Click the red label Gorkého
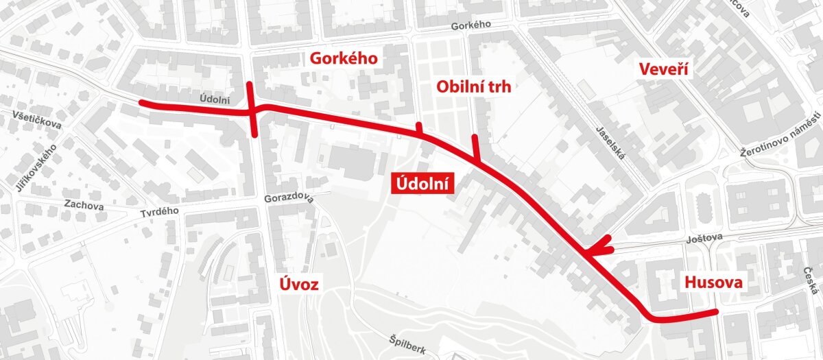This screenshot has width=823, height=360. pyautogui.click(x=344, y=58)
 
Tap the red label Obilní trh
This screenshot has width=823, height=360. pyautogui.click(x=474, y=86)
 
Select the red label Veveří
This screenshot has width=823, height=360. pyautogui.click(x=663, y=69)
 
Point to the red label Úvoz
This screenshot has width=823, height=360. pyautogui.click(x=300, y=284)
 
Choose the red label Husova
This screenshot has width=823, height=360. pyautogui.click(x=713, y=283)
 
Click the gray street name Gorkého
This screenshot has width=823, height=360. pyautogui.click(x=472, y=26)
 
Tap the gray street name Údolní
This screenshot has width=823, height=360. pyautogui.click(x=215, y=100)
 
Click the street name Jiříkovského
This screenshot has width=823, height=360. pyautogui.click(x=31, y=167)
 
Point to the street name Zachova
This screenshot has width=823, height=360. pyautogui.click(x=83, y=204)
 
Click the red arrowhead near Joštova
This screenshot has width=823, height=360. pyautogui.click(x=598, y=248)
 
